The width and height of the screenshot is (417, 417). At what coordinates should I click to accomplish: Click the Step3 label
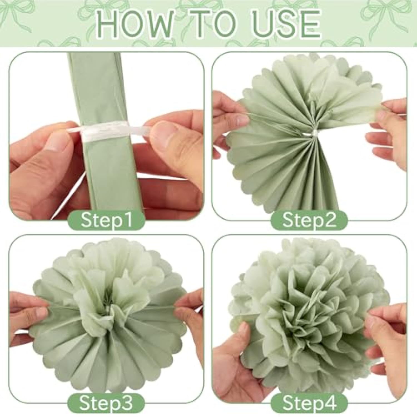[106, 402]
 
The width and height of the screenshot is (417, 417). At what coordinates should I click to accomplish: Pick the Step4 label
[309, 402]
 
